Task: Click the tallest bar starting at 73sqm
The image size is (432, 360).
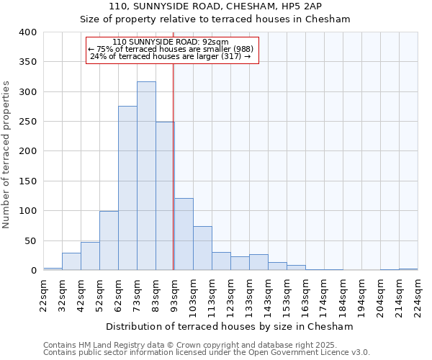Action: point(146,176)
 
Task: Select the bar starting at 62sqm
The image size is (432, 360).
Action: point(127,189)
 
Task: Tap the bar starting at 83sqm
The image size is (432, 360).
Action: point(165,197)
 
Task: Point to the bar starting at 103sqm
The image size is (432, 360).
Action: point(202,248)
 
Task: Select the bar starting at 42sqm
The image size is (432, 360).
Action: point(90,256)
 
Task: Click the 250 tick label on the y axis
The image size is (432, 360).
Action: point(27,122)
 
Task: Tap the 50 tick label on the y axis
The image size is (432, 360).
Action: point(30,240)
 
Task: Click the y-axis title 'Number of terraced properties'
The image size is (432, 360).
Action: point(7,155)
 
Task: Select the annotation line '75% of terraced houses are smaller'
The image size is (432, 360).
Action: point(171,50)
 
